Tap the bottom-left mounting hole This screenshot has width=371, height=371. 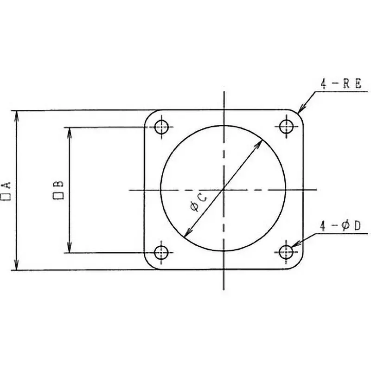162,252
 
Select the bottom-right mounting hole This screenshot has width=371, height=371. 286,252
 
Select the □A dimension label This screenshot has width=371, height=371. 8,190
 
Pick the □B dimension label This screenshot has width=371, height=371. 59,190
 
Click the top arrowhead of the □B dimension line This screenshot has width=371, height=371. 70,132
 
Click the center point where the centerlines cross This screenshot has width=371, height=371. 224,190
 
